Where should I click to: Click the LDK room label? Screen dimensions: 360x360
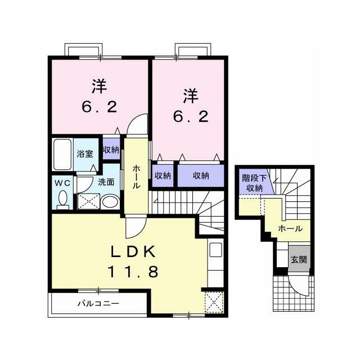pos(133,252)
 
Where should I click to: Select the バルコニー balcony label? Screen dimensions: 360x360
pos(98,304)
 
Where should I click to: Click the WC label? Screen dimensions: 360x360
pos(62,183)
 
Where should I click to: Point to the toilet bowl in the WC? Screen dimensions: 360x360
pos(62,198)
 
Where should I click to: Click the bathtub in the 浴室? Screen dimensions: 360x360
pos(62,154)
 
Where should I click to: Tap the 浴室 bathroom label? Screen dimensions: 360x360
pos(85,154)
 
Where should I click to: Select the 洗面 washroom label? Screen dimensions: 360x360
pos(106,182)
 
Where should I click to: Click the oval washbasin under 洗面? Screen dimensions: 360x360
pos(110,202)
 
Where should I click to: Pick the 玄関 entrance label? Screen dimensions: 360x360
pos(299,259)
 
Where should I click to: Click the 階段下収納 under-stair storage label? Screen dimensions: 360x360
pos(254,183)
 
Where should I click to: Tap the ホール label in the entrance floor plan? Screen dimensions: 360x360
pos(290,229)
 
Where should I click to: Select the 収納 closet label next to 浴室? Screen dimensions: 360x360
pos(111,150)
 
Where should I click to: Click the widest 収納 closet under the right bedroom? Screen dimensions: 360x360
pos(201,175)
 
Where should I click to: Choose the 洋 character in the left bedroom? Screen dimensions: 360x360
pos(100,86)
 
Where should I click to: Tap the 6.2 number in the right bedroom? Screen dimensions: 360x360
pos(191,116)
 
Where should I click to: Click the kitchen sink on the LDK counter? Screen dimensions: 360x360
pos(215,250)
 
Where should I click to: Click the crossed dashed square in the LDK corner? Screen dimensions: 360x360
pos(214,302)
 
